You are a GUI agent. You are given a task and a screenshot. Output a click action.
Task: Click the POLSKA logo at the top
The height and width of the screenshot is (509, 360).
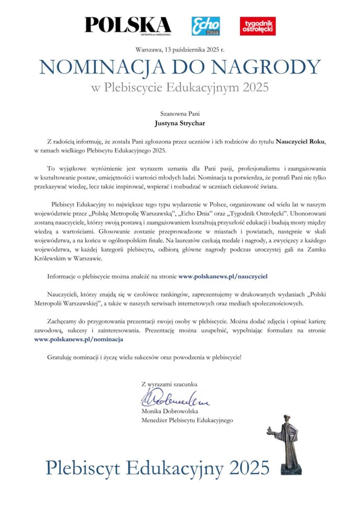(128, 25)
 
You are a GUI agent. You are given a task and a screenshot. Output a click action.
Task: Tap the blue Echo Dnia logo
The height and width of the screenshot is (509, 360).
(206, 26)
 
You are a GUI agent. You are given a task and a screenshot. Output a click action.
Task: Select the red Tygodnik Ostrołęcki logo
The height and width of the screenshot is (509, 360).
(257, 26)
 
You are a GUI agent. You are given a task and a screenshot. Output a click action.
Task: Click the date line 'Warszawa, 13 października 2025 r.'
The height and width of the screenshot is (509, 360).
(180, 50)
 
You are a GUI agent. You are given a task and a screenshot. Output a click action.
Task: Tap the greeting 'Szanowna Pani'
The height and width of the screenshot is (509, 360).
(180, 113)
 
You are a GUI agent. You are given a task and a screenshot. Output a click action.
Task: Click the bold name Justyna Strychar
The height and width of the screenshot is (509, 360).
(180, 125)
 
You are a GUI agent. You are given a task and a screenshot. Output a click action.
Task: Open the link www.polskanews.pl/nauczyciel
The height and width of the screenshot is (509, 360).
(223, 277)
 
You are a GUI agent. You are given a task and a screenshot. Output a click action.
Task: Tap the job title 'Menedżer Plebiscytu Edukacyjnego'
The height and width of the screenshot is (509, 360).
(187, 420)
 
